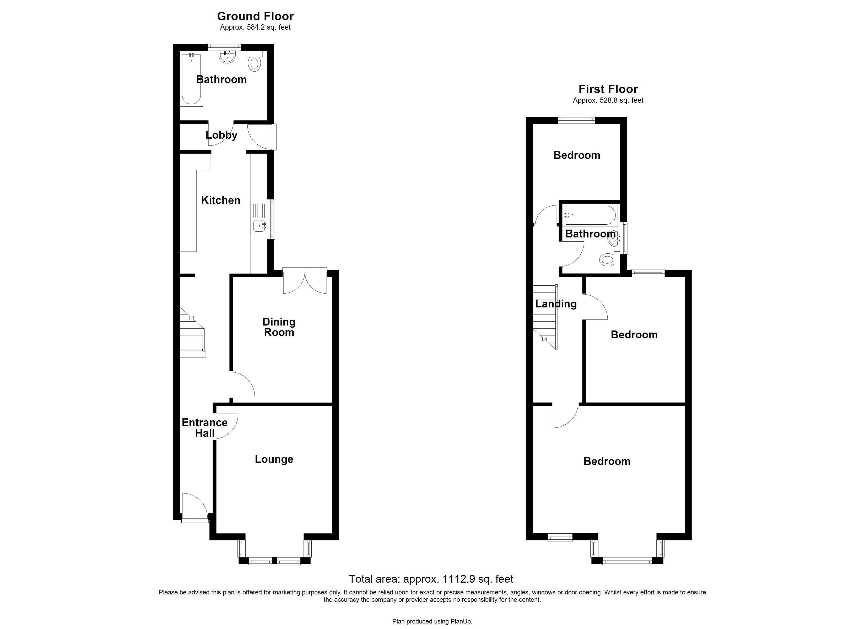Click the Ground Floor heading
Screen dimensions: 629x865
point(255,17)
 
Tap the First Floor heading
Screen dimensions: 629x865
point(608,89)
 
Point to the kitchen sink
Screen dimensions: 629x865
point(259,226)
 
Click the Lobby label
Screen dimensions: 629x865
point(221,135)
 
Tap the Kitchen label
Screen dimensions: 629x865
point(220,200)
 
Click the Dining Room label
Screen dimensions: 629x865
point(279,327)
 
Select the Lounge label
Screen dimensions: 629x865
point(274,459)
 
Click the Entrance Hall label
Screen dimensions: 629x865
point(204,428)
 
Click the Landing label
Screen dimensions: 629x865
point(556,304)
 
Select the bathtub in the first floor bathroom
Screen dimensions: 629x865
point(590,215)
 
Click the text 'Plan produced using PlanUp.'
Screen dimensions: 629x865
point(432,621)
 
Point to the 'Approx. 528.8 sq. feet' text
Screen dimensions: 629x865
point(608,101)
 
